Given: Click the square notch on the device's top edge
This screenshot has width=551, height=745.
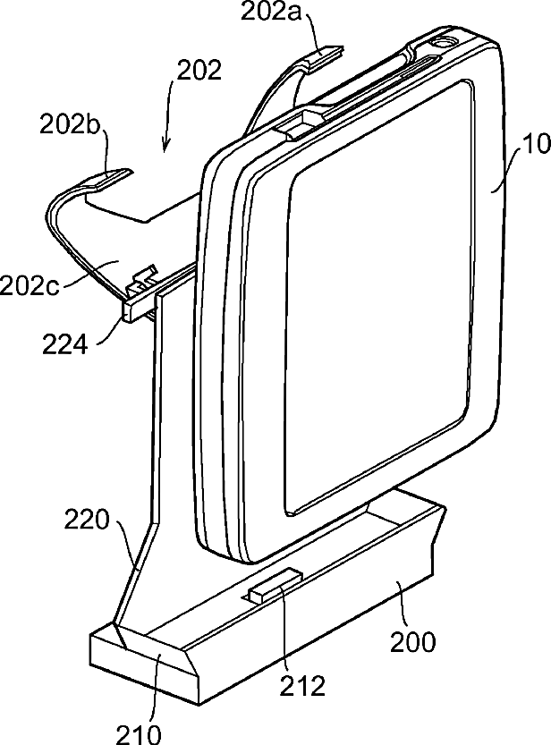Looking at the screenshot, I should (303, 120).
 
